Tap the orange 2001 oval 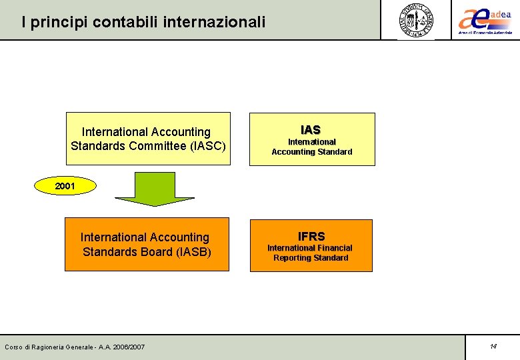(x=65, y=187)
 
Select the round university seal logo (x=416, y=20)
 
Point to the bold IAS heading (x=311, y=129)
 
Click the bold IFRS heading (x=311, y=236)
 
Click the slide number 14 (x=493, y=347)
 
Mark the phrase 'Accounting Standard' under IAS (x=311, y=152)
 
